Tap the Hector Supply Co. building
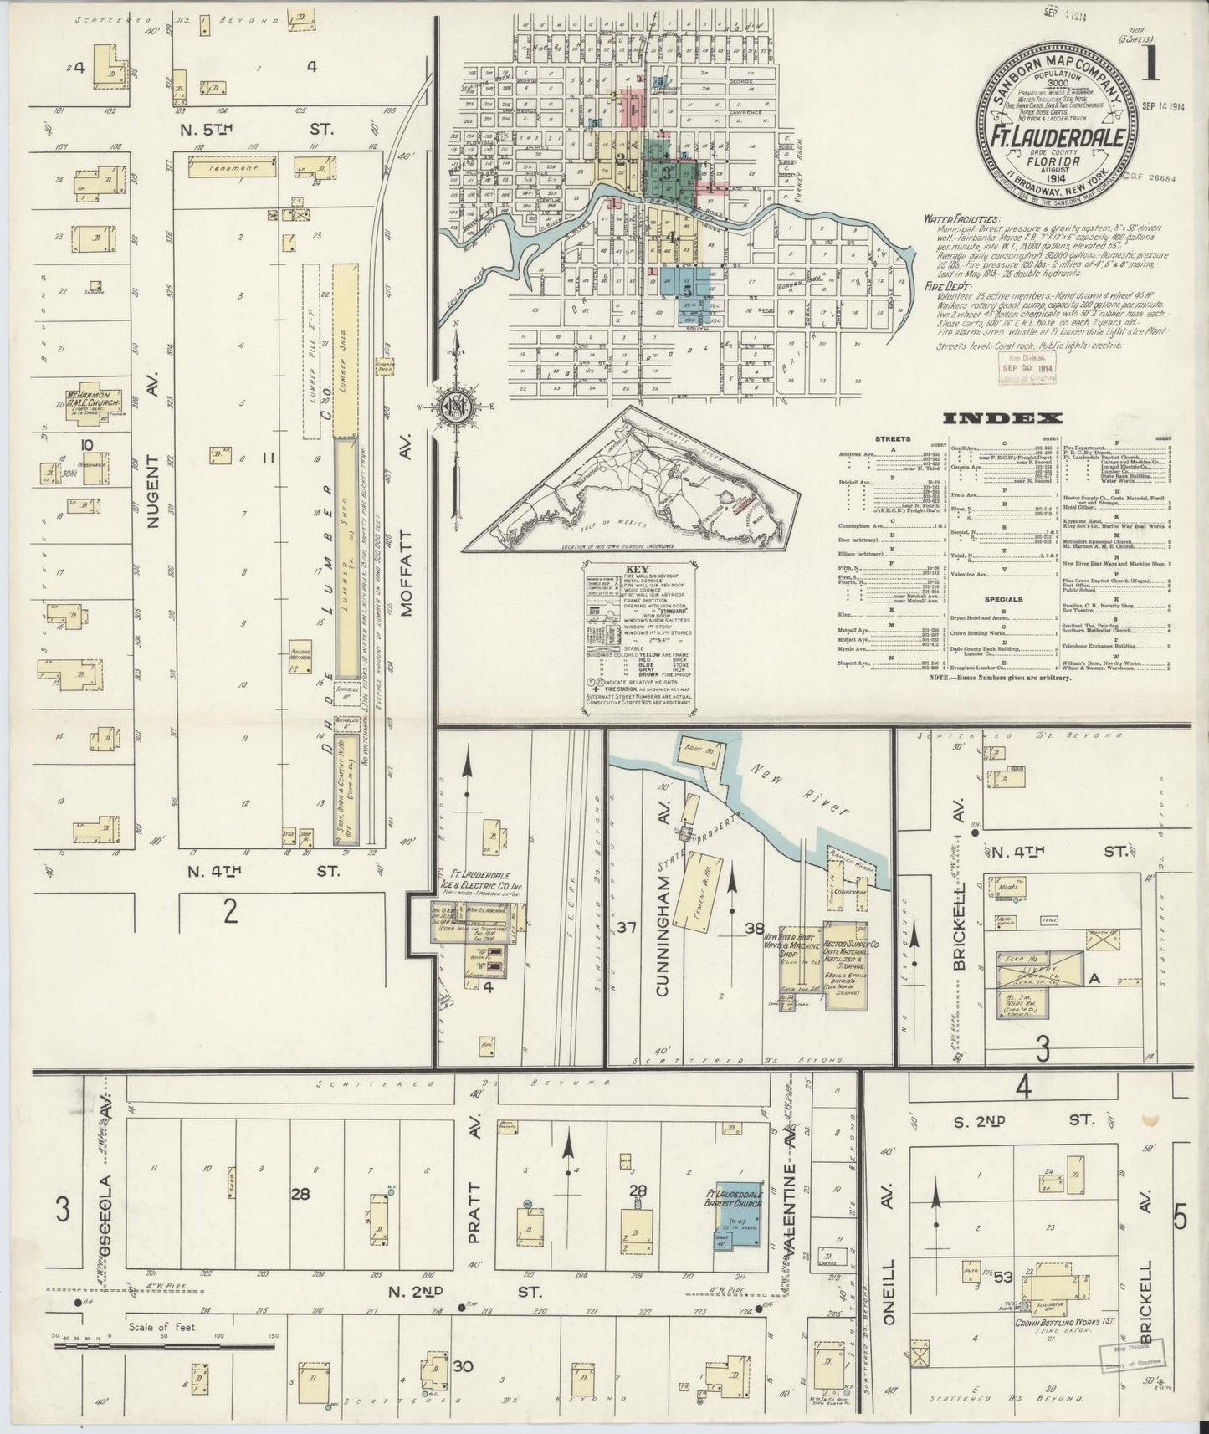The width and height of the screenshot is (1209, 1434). pyautogui.click(x=845, y=964)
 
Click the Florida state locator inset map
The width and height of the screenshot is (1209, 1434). pyautogui.click(x=636, y=485)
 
